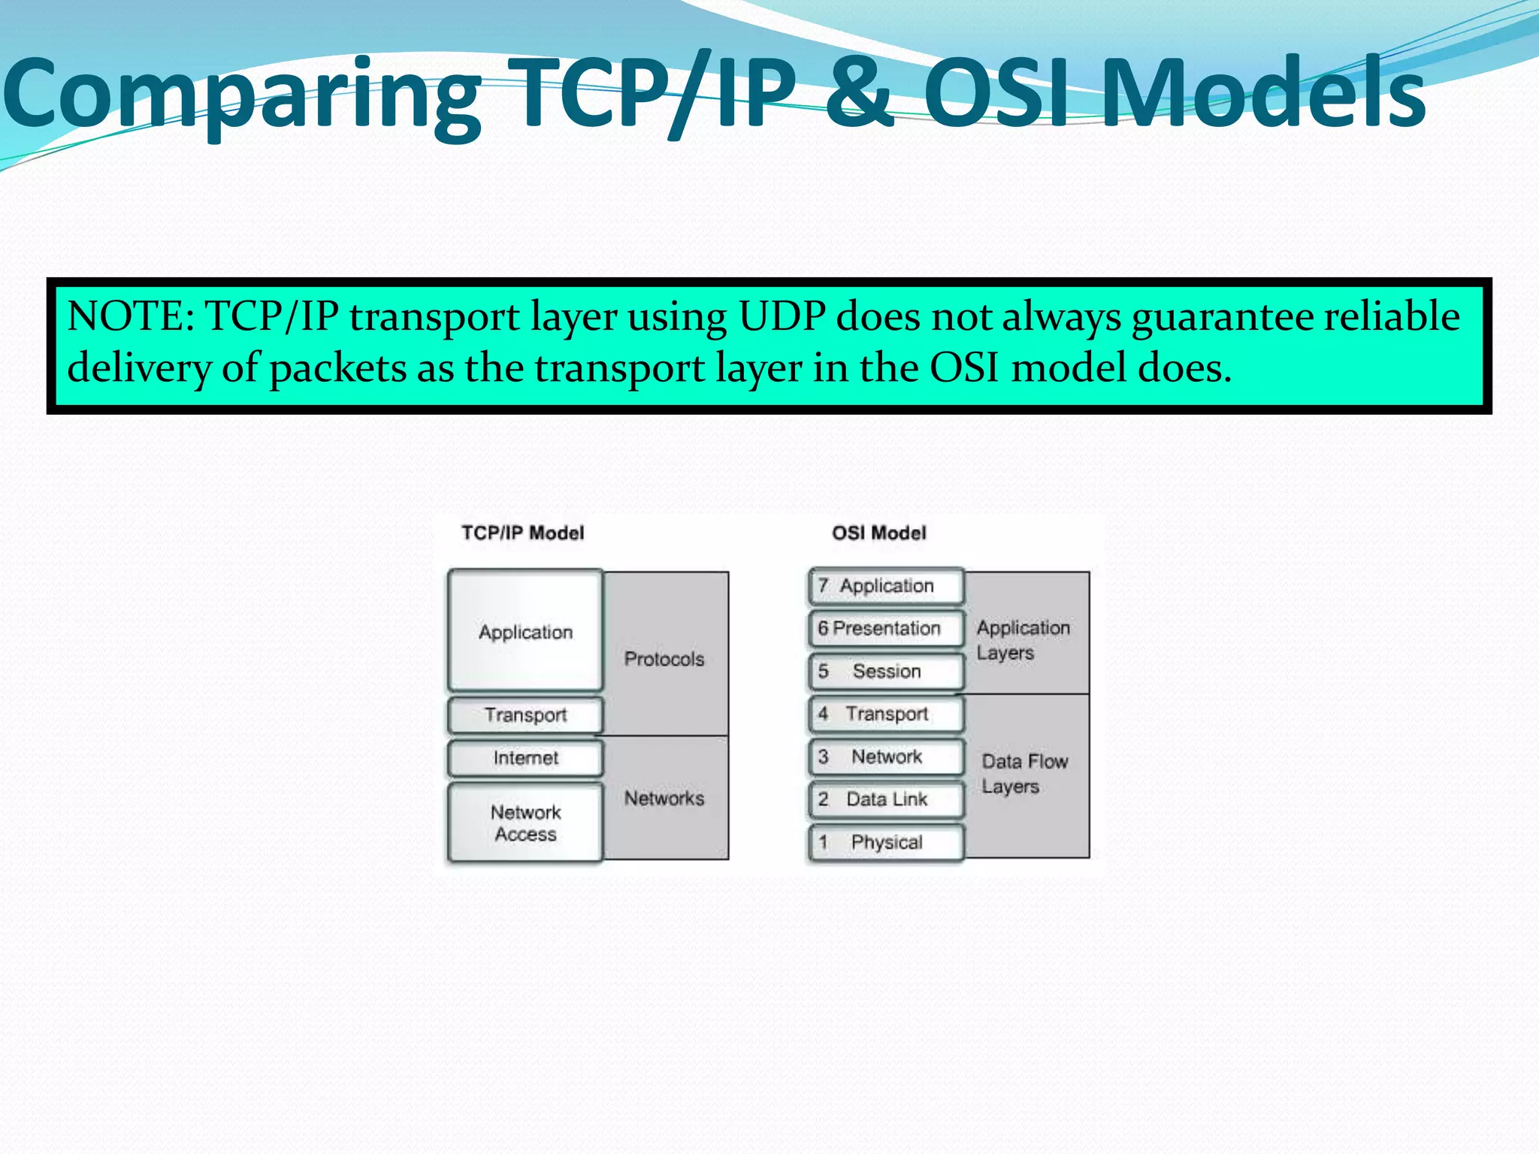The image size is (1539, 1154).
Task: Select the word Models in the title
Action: (x=1263, y=94)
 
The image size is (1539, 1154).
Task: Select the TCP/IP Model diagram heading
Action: (x=522, y=533)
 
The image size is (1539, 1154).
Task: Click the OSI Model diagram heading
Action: (x=878, y=533)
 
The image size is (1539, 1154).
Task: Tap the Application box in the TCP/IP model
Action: (x=525, y=632)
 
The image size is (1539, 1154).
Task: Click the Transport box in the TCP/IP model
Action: (x=525, y=715)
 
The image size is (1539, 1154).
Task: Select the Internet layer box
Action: (x=525, y=758)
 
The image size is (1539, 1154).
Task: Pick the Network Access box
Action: (x=525, y=823)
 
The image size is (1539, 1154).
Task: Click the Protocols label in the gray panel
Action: (x=664, y=659)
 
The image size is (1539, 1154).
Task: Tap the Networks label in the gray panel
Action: (x=664, y=798)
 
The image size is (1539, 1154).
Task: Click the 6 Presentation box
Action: (x=885, y=628)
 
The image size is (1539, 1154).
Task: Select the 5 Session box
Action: (x=885, y=671)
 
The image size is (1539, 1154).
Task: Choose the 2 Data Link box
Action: (x=885, y=799)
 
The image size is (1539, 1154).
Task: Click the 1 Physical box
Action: (x=885, y=842)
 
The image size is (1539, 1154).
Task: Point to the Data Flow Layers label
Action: (x=1023, y=774)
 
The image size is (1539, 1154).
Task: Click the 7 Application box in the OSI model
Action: (x=885, y=586)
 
